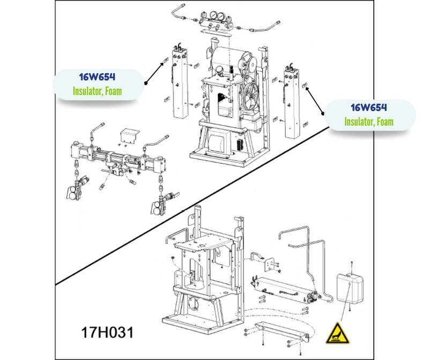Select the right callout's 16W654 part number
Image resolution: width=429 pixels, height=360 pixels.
[369, 108]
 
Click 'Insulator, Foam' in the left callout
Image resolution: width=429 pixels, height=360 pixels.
[97, 91]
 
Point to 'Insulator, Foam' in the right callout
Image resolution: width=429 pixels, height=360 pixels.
[369, 122]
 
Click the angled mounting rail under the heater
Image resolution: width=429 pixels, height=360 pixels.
[282, 333]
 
